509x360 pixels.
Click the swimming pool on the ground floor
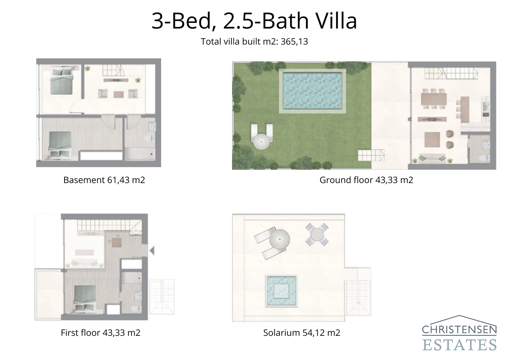[x=312, y=90]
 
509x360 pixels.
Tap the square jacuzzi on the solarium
[x=281, y=291]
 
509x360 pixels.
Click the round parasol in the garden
[x=261, y=141]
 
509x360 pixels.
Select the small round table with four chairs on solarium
[x=317, y=234]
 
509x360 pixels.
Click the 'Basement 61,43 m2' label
[x=104, y=180]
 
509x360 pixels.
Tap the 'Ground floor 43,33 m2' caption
[x=366, y=180]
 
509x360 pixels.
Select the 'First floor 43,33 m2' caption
[x=101, y=333]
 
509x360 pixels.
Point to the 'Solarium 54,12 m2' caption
[x=302, y=333]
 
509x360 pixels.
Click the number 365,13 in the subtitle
[x=294, y=42]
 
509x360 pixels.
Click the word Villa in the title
[x=336, y=21]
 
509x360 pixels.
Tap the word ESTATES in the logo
[x=459, y=345]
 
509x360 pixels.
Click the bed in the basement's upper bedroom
[x=62, y=82]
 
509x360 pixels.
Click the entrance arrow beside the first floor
[x=152, y=251]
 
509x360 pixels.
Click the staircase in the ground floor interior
[x=451, y=74]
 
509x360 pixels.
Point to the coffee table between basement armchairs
[x=118, y=94]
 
